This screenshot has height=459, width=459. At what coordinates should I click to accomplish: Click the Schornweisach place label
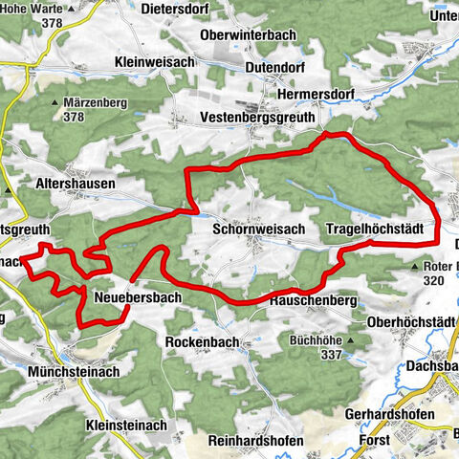tap(252, 229)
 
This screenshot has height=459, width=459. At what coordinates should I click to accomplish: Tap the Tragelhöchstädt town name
tap(381, 229)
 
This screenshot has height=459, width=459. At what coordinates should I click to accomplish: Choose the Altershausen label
tap(76, 183)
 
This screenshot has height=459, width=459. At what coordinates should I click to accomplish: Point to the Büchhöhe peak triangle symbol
tap(354, 339)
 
